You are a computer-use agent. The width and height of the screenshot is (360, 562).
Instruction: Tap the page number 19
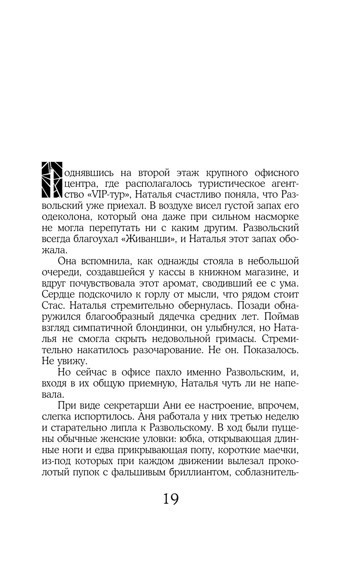[x=171, y=499]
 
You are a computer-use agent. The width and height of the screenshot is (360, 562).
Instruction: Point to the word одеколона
[x=67, y=217]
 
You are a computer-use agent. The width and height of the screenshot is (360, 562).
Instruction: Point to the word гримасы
[x=238, y=339]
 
